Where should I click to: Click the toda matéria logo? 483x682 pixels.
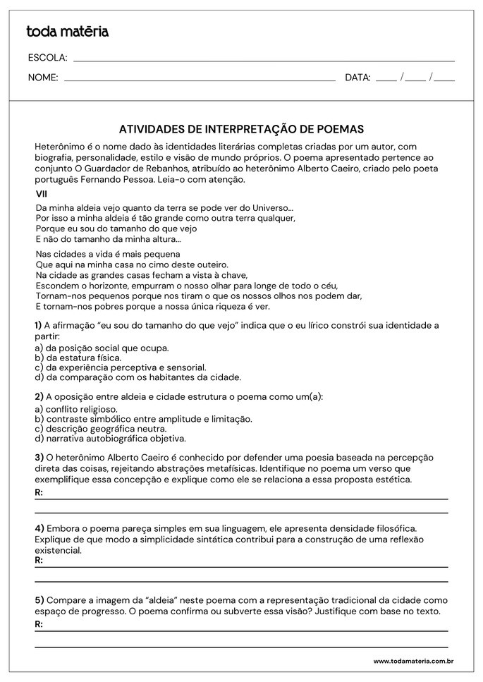click(x=67, y=31)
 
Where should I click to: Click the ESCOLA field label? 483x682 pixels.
click(x=47, y=57)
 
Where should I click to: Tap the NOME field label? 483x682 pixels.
click(x=43, y=78)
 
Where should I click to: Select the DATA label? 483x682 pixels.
click(x=357, y=78)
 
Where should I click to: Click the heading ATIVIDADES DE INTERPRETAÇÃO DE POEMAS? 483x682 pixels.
click(x=241, y=129)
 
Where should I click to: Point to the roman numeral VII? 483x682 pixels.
click(x=42, y=193)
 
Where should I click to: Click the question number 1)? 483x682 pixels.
click(x=39, y=325)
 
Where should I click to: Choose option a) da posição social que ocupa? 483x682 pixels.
click(x=102, y=348)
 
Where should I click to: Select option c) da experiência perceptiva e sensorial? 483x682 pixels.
click(x=121, y=367)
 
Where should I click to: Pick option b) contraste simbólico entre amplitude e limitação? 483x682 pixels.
click(x=143, y=419)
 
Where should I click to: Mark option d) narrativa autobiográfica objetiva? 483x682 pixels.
click(x=116, y=438)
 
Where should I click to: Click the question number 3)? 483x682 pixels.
click(x=39, y=457)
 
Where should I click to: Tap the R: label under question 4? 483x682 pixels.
click(x=39, y=560)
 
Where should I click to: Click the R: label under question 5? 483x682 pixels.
click(x=39, y=624)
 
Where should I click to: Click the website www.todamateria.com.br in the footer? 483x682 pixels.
click(x=412, y=661)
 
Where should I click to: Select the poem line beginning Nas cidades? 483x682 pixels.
click(x=108, y=254)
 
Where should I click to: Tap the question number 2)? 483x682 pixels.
click(x=39, y=396)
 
